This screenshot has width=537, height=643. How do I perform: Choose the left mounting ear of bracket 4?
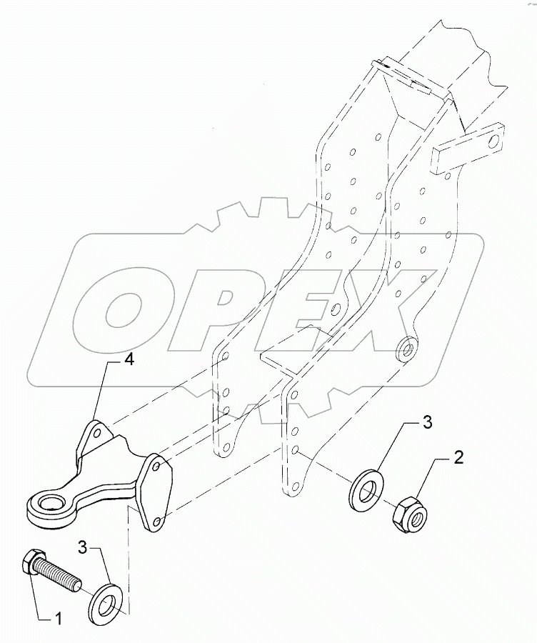[x=96, y=437]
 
